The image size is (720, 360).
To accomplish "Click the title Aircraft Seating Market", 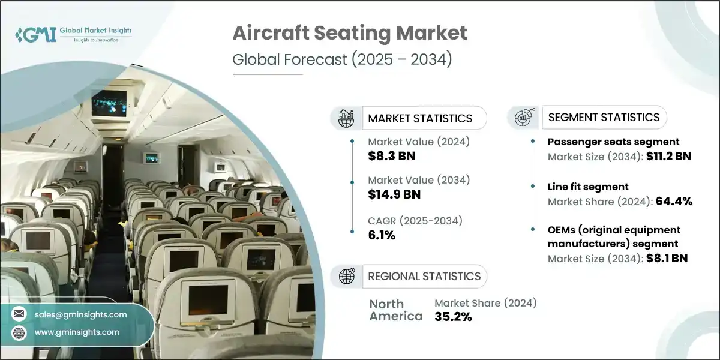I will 349,34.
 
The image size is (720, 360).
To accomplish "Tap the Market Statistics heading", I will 419,118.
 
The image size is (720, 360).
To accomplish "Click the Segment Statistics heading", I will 604,118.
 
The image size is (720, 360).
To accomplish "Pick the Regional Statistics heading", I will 424,276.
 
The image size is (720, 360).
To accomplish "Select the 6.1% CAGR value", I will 382,235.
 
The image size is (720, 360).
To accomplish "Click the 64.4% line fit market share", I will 674,202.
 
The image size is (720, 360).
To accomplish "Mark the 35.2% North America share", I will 453,317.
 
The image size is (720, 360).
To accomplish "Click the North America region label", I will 395,310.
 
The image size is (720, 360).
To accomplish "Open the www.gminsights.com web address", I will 76,332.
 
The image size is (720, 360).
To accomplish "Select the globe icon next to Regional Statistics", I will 347,276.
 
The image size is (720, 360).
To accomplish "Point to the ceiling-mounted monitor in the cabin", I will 109,103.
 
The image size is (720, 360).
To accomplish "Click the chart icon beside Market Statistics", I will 347,118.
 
